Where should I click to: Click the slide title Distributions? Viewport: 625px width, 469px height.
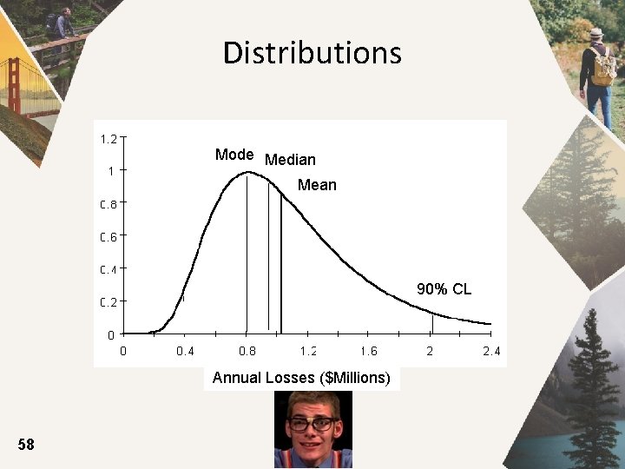pos(312,53)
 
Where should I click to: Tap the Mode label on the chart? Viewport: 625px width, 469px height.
pos(234,155)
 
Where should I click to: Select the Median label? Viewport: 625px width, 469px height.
pos(290,160)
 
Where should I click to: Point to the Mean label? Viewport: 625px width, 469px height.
pos(317,185)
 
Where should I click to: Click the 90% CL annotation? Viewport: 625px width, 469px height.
pos(444,289)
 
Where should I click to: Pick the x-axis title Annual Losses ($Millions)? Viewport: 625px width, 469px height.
pos(301,378)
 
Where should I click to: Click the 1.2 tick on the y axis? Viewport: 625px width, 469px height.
pos(109,138)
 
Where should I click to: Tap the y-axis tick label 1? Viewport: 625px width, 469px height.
pos(111,171)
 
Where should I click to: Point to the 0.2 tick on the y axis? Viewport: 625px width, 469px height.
pos(109,302)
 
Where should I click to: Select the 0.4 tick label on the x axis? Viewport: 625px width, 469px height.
pos(185,352)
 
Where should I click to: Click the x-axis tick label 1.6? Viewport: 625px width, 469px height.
pos(369,352)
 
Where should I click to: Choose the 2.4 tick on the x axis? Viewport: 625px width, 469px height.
pos(491,352)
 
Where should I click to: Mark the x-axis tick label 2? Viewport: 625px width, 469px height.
pos(431,352)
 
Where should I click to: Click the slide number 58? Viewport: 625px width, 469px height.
pos(26,445)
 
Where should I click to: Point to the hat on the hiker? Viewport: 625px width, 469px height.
pos(595,33)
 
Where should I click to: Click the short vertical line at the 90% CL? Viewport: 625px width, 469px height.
pos(432,324)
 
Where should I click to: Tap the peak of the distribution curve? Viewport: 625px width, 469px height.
pos(247,172)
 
